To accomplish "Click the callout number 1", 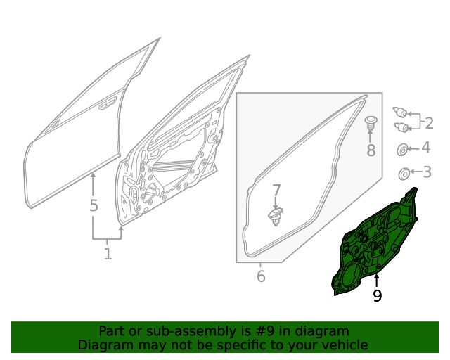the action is click(108, 254).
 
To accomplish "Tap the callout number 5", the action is click(94, 205).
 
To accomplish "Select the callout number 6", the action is click(261, 276).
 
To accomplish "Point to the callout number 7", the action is click(276, 191).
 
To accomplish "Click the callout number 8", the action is click(371, 150).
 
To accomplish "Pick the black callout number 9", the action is click(377, 295).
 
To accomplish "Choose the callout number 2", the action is click(429, 123).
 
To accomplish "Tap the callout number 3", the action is click(427, 172).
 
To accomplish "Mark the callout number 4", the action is click(426, 147).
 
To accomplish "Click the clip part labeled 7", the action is click(276, 216).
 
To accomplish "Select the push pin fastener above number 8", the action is click(371, 122).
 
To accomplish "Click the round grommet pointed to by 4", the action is click(402, 149).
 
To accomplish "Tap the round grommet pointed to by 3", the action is click(404, 174).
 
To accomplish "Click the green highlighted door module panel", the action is click(373, 244).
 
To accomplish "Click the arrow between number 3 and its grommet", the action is click(416, 172).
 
